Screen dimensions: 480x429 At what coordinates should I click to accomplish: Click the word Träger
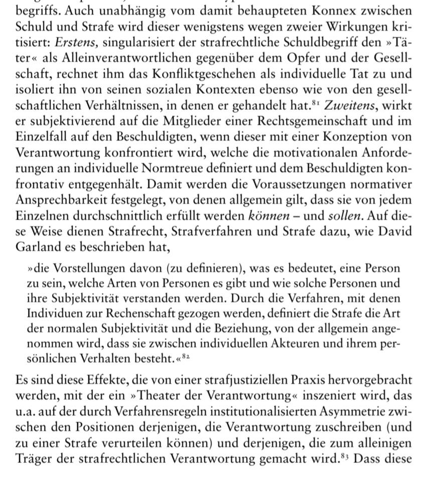[x=32, y=458]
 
